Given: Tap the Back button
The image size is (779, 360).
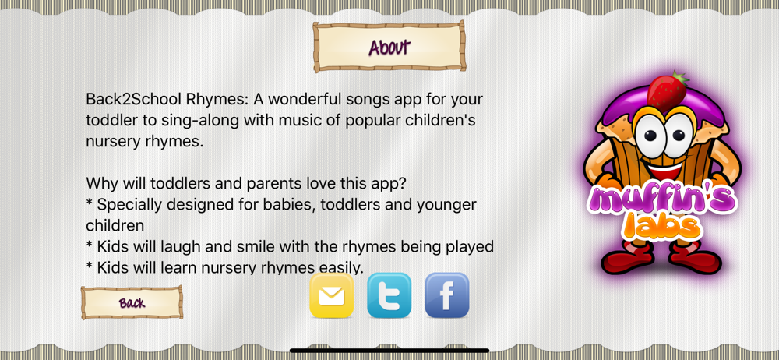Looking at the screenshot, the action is pos(132,302).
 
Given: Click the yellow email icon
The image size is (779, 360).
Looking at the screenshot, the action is pos(331,295).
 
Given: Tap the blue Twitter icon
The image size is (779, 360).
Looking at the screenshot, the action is pos(389,295).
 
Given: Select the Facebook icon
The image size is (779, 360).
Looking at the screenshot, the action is pos(446,295).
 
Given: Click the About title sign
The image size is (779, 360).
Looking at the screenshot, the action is pos(389,47).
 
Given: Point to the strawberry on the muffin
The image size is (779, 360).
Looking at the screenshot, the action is pos(668,91).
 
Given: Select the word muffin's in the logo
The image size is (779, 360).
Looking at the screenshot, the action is pos(663,201).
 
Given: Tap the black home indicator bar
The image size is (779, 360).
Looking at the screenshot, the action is pos(389,351).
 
